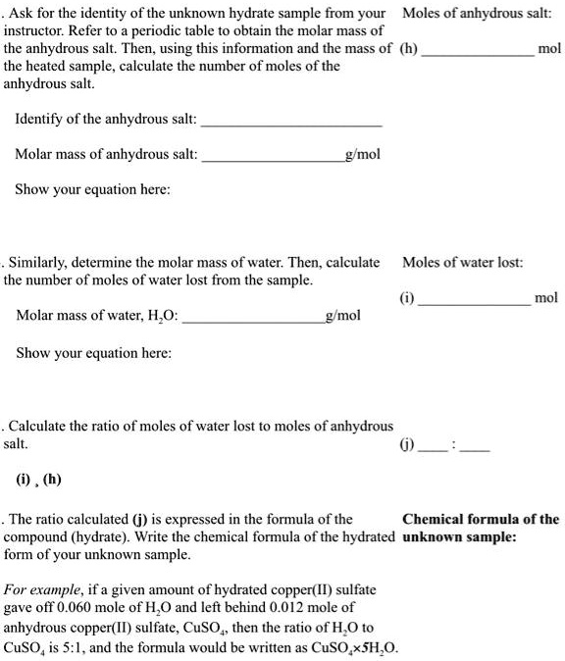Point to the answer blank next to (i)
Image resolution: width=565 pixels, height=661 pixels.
(475, 300)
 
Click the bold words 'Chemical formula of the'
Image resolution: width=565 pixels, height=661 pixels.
(481, 519)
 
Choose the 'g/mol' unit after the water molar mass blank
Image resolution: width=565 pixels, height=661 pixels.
(342, 316)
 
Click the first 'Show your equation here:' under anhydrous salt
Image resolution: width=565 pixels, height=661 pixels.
(92, 190)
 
